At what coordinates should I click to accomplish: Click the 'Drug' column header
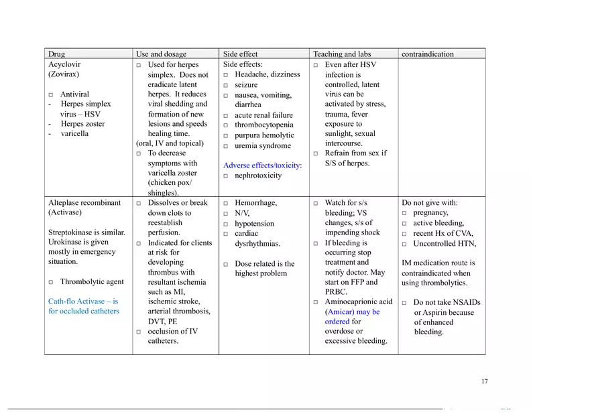click(x=57, y=54)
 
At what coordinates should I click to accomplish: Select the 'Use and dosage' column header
click(x=161, y=54)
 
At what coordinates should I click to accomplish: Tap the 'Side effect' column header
click(x=240, y=54)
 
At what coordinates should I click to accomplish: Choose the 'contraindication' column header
click(x=427, y=54)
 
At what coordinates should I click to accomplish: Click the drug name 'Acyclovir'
click(x=64, y=65)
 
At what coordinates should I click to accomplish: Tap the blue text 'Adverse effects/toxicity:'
click(x=262, y=165)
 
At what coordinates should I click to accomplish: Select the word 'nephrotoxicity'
click(x=258, y=176)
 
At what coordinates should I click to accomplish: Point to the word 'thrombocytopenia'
click(x=263, y=125)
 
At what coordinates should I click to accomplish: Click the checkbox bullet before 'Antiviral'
click(x=51, y=95)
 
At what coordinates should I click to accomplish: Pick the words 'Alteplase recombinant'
click(x=84, y=203)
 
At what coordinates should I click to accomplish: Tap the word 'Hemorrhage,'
click(x=255, y=203)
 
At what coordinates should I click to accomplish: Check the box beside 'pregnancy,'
click(x=404, y=214)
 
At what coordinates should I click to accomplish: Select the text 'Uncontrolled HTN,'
click(x=445, y=244)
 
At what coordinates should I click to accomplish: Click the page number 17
click(x=484, y=382)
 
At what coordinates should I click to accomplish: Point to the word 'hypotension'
click(x=254, y=224)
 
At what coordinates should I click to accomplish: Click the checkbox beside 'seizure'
click(x=226, y=86)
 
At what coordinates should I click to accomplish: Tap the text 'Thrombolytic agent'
click(x=92, y=282)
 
